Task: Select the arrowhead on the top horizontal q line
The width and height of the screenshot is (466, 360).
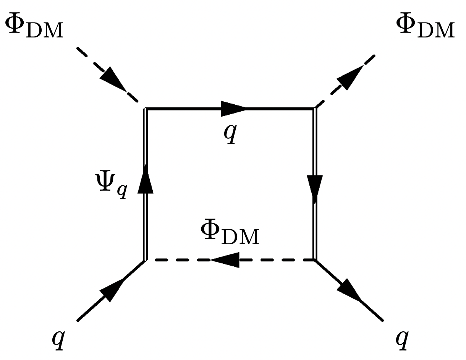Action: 233,109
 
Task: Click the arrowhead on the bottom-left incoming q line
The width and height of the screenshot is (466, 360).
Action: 111,290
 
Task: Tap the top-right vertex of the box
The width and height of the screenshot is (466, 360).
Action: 315,109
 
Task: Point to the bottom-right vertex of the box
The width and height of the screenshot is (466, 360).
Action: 315,260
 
